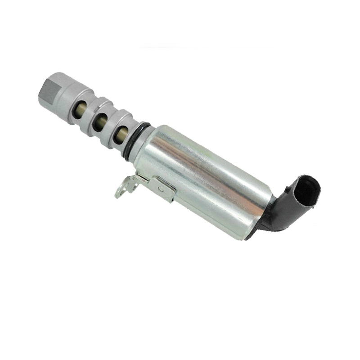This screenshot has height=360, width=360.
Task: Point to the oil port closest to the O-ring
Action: [120, 134]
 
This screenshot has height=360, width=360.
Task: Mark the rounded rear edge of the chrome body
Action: [256, 220]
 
